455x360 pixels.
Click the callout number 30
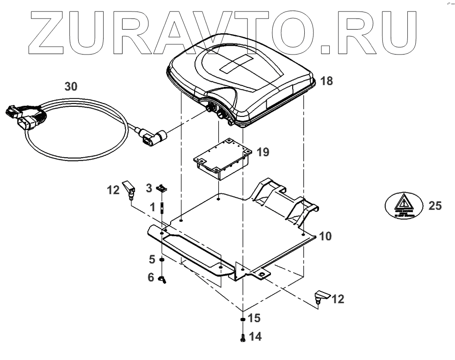pos(71,86)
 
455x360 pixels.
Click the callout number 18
pos(326,81)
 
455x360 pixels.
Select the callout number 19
pos(263,152)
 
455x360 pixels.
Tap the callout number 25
pos(435,206)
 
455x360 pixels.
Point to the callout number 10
pos(325,237)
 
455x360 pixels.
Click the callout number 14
pos(255,337)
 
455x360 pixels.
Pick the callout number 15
pos(254,318)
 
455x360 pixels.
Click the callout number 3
pos(149,188)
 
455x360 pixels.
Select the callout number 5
pos(151,259)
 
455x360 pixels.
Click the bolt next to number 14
pos(243,338)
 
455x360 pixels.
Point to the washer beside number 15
pos(243,319)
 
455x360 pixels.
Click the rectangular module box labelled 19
pos(222,159)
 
